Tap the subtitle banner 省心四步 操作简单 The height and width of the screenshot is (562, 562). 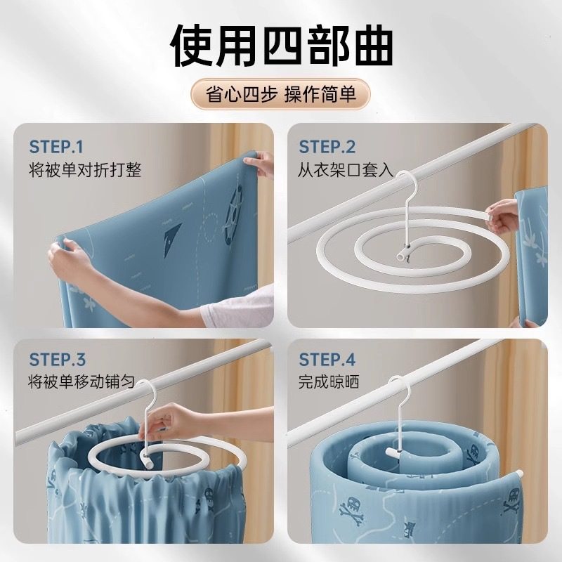281,95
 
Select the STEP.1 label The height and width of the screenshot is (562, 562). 56,147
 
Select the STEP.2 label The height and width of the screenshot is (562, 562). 327,147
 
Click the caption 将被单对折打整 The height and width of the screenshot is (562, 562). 85,170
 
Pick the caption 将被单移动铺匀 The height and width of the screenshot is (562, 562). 85,384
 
